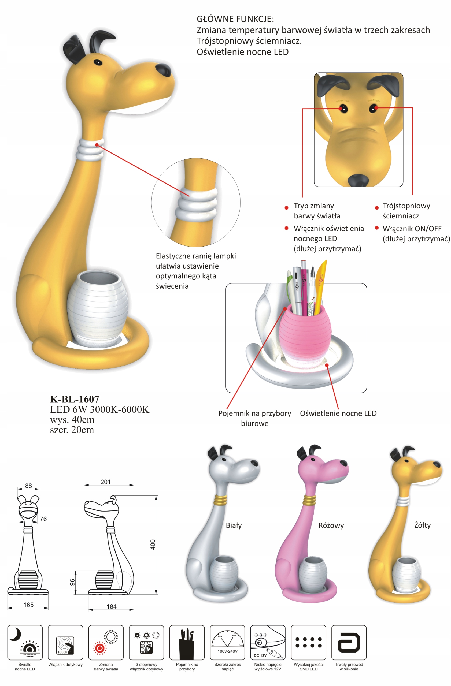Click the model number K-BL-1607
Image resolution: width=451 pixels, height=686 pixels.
coord(74,399)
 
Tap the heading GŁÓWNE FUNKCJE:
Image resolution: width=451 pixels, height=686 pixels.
coord(235,19)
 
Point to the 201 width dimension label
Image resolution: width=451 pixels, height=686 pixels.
coord(106,482)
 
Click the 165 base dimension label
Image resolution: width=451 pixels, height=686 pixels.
coord(28,605)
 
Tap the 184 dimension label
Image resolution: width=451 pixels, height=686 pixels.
coord(111,606)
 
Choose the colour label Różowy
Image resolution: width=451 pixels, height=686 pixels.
coord(331,525)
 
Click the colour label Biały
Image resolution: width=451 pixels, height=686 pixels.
coord(234,525)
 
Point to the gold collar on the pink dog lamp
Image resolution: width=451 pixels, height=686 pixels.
coord(309,500)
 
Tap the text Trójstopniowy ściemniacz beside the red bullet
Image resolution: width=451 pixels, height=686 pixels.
coord(406,211)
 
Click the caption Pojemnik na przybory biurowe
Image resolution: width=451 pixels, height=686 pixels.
coord(255,418)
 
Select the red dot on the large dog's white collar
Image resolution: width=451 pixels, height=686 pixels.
coord(97,145)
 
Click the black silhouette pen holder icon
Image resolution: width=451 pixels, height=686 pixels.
coord(187,643)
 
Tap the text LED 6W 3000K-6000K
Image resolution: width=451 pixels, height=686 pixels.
coord(99,409)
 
